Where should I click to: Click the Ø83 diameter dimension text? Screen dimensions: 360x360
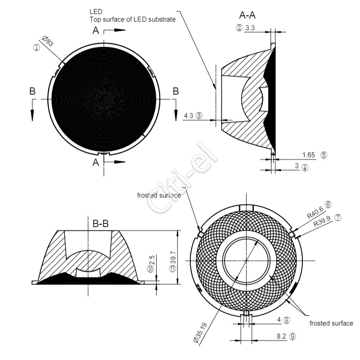coord(48,41)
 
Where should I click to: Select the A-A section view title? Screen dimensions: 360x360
coord(247,15)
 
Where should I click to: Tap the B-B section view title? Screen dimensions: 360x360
coord(100,223)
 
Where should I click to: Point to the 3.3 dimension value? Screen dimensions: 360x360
coord(250,28)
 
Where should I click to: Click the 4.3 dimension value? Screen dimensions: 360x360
coord(189,116)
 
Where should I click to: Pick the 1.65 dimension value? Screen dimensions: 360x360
coord(309,155)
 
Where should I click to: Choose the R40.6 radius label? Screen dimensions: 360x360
coord(315,212)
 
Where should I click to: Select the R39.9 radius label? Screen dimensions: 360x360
coord(322,221)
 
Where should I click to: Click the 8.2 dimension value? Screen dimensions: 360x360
coord(281,336)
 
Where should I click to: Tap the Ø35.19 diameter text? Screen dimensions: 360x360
coord(200,333)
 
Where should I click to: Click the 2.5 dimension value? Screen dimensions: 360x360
coord(152,261)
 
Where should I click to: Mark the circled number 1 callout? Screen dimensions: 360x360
coord(37,48)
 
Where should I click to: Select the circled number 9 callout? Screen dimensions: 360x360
coord(293,337)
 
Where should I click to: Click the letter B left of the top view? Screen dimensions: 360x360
coord(32,91)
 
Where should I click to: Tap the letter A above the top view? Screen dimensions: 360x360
coord(96,30)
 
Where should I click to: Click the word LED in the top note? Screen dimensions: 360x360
coord(96,12)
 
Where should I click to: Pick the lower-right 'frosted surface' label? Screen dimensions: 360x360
coord(331,323)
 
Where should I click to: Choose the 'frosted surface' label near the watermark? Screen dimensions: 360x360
coord(159,195)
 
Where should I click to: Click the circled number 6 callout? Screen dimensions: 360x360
coord(328,204)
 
